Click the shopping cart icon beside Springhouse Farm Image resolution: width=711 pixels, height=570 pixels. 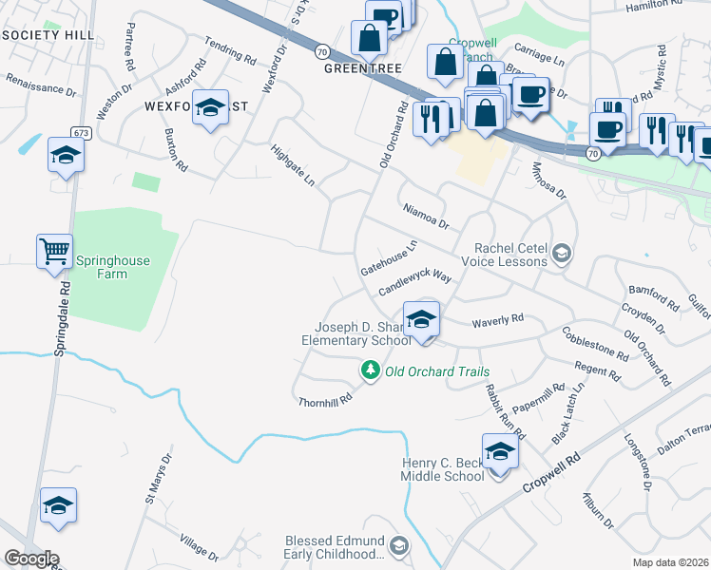54,253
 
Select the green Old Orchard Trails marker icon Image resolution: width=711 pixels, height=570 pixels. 369,370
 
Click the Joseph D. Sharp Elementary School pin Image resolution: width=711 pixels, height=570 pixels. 421,319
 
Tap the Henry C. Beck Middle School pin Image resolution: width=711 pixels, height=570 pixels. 499,451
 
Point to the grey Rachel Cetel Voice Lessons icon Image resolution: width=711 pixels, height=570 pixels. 563,252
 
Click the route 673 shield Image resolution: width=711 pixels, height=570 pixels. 79,132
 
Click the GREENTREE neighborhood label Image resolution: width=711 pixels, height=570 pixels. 362,69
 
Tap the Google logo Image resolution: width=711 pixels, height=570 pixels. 30,559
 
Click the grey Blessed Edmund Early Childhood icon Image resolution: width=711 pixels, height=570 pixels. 400,545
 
